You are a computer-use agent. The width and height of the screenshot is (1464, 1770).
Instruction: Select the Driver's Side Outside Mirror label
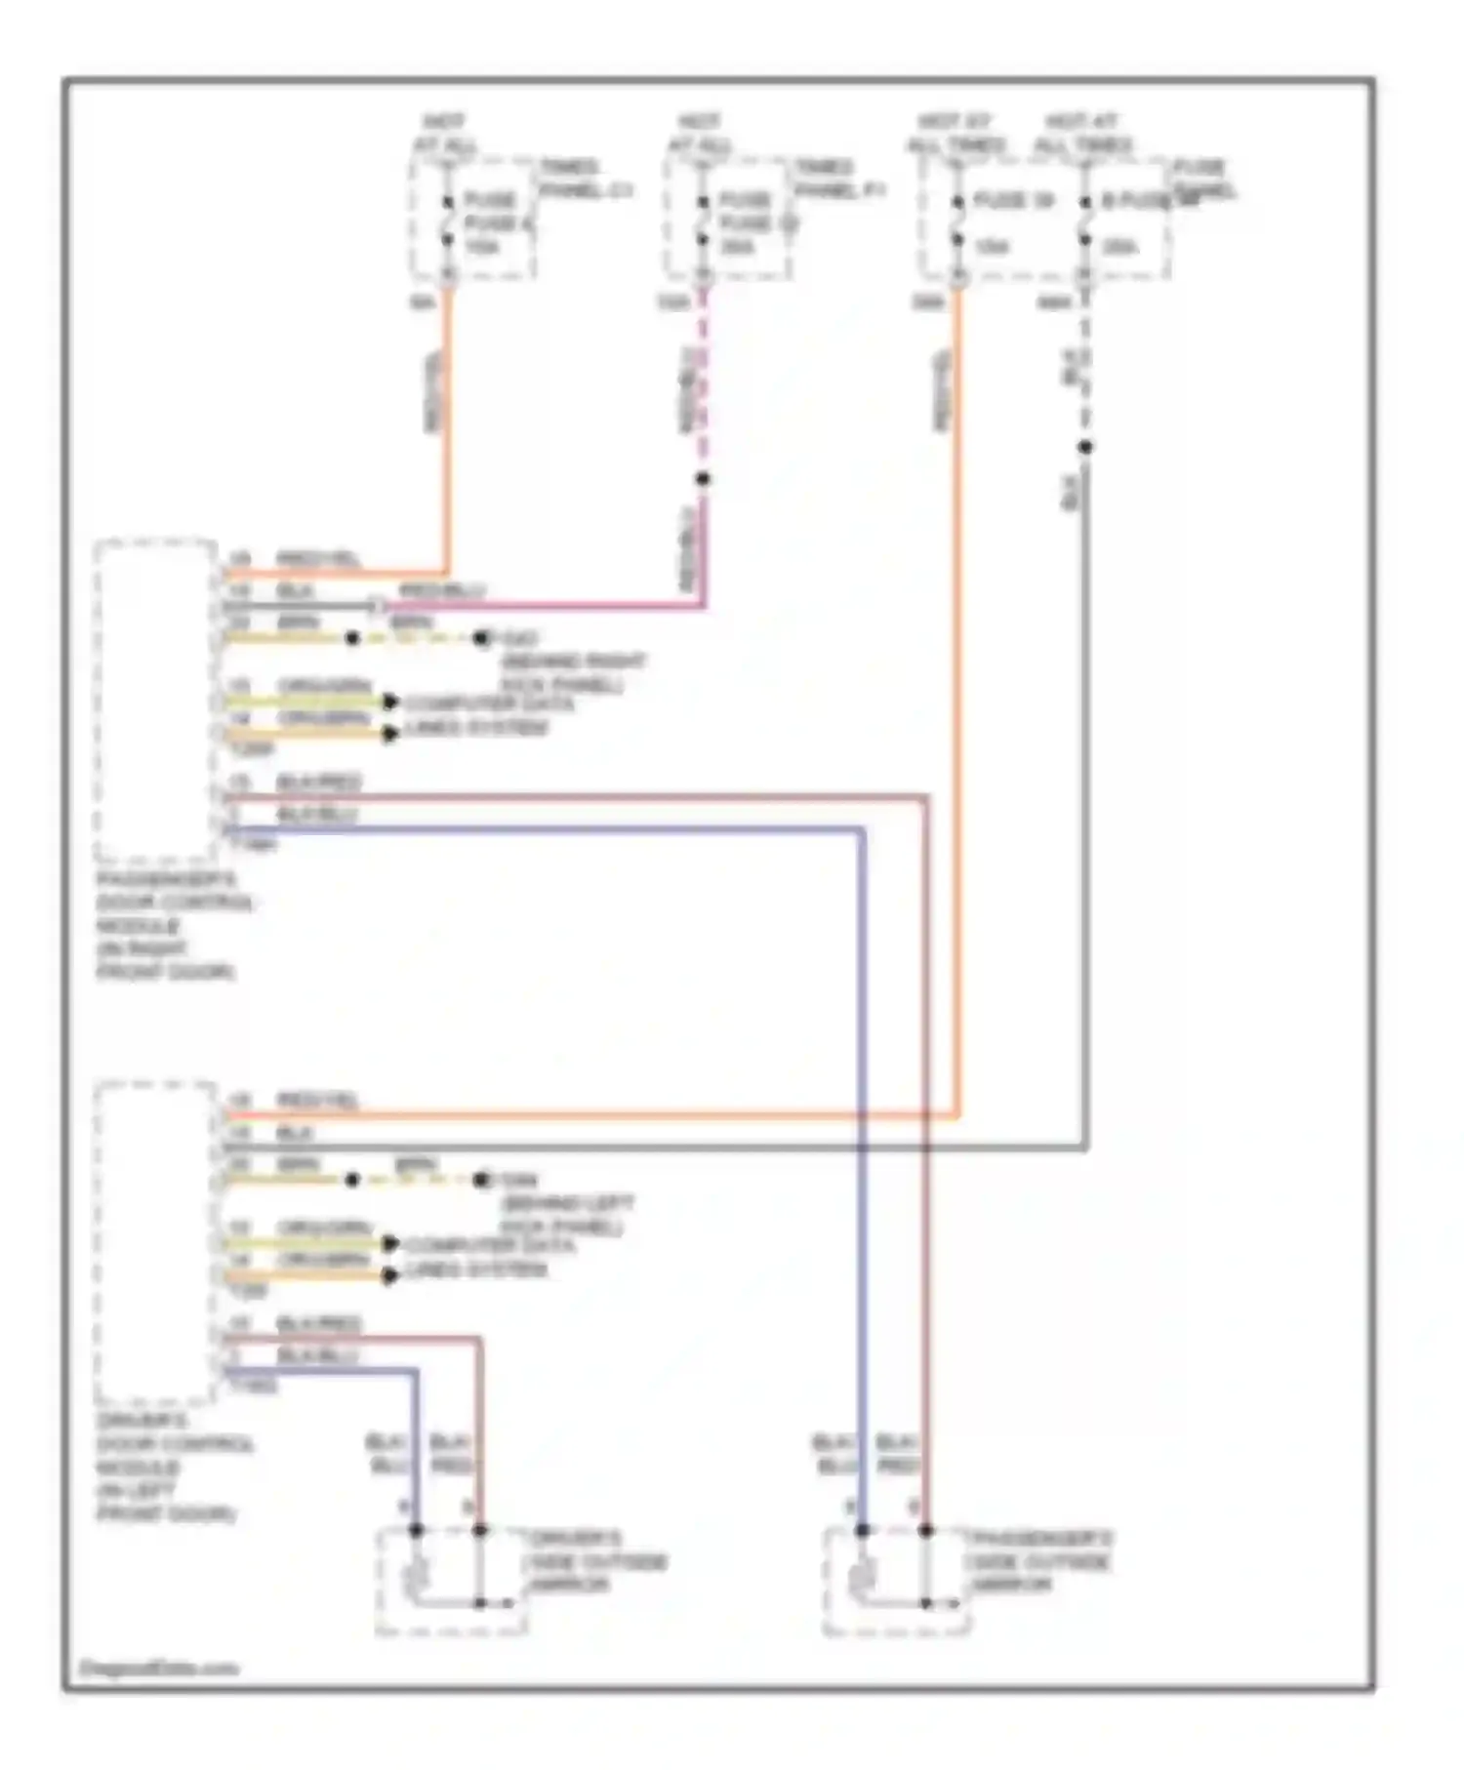(x=597, y=1561)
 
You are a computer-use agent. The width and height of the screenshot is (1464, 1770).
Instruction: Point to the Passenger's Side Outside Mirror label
(x=1038, y=1561)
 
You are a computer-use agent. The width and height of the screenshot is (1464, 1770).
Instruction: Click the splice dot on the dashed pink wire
(x=703, y=479)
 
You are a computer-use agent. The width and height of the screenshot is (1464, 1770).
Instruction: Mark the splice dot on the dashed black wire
(x=1085, y=447)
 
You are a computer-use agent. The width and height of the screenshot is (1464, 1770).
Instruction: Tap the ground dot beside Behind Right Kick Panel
(x=481, y=639)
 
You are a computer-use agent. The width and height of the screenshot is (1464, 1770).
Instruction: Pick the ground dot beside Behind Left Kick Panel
(x=481, y=1181)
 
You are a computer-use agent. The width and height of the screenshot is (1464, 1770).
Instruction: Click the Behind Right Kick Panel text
(x=572, y=673)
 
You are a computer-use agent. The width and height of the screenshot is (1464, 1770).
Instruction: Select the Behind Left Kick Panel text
(x=566, y=1215)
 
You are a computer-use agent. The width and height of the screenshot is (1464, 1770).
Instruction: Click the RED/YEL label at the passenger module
(x=318, y=559)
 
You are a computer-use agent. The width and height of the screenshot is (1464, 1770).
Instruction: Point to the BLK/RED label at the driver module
(x=318, y=1324)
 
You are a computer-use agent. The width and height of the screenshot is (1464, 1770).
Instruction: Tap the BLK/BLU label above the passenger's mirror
(x=835, y=1454)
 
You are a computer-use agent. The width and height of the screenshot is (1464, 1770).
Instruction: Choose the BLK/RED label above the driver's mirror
(x=452, y=1454)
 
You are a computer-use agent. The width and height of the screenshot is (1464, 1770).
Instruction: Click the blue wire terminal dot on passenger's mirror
(x=862, y=1530)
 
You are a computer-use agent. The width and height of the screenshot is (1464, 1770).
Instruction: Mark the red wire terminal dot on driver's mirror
(x=480, y=1530)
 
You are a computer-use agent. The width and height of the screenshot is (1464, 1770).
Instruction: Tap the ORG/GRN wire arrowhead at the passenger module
(x=389, y=702)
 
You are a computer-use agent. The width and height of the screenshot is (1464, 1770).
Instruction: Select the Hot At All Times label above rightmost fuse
(x=1081, y=134)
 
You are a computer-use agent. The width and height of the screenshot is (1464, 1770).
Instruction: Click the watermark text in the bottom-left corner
(x=158, y=1668)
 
